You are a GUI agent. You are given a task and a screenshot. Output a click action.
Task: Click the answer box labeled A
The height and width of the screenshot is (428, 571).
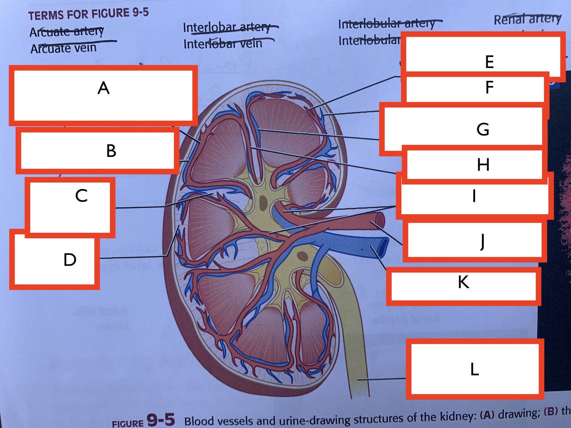(x=103, y=95)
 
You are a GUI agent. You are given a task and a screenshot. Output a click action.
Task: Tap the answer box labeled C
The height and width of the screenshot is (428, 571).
(x=70, y=207)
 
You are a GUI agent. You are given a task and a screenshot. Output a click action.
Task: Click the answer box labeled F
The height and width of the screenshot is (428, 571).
(x=475, y=88)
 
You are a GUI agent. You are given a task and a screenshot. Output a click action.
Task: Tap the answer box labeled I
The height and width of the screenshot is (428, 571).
(x=474, y=196)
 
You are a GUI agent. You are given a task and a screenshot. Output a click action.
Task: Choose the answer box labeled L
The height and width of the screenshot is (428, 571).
(x=474, y=369)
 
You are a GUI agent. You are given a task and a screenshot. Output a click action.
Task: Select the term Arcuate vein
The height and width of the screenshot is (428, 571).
(x=63, y=48)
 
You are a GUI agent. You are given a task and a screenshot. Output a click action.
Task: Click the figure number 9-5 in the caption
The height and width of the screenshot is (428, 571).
(x=161, y=419)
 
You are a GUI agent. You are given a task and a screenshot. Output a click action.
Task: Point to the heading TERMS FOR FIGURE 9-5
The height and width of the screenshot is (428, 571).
(x=88, y=14)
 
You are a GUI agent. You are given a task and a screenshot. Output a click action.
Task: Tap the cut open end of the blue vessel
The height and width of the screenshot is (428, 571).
(x=382, y=247)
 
